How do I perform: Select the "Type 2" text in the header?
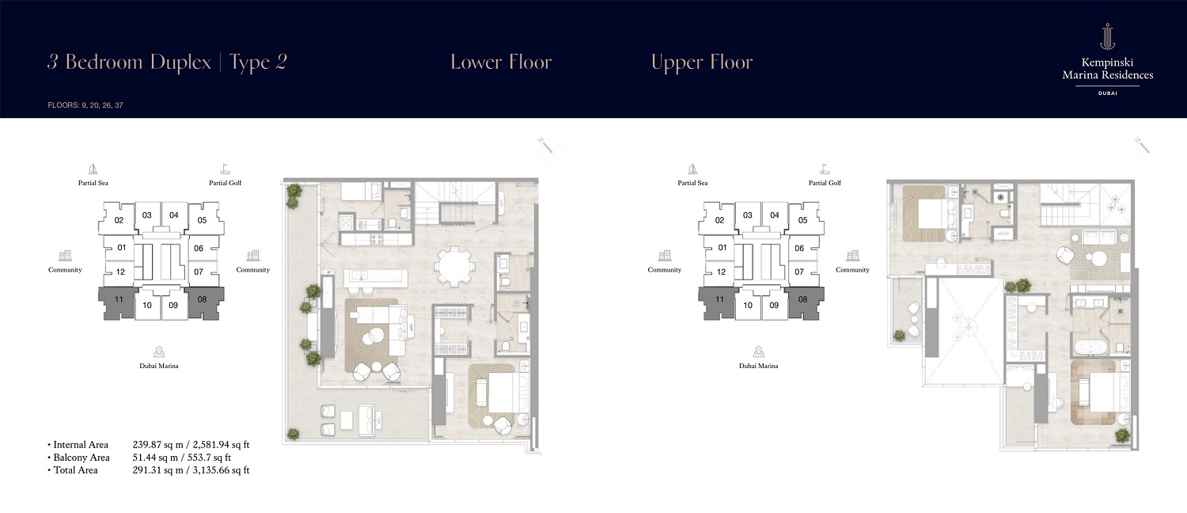[258, 63]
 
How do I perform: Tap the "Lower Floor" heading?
[501, 63]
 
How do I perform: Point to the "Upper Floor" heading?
[702, 63]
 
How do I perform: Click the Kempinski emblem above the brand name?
[1107, 36]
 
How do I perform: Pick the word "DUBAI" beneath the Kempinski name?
[1107, 93]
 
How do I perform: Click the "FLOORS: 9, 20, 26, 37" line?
[85, 104]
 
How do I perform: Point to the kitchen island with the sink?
[376, 277]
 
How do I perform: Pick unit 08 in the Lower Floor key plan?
[202, 299]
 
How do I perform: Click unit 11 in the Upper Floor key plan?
[719, 299]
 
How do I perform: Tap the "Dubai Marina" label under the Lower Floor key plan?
[158, 366]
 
